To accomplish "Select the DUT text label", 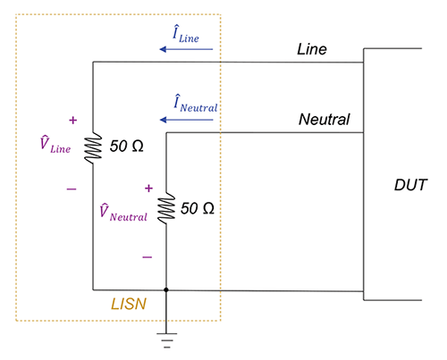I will pos(411,186).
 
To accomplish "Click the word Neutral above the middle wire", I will pos(324,119).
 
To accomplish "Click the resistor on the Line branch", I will pos(93,147).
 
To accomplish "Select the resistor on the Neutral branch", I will pos(166,209).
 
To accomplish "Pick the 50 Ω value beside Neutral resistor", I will pos(198,207).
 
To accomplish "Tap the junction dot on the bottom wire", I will pos(166,289).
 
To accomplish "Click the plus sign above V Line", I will pos(72,119).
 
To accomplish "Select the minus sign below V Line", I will pos(72,189).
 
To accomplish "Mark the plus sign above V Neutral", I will pos(148,189).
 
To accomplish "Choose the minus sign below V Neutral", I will pos(147,256).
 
